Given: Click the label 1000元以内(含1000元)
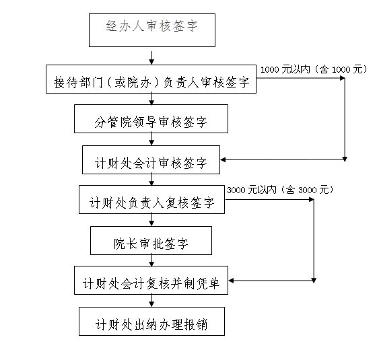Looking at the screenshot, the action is coord(314,69).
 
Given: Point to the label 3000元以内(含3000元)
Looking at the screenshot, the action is coord(280,190).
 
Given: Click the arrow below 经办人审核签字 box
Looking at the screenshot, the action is coord(151,58).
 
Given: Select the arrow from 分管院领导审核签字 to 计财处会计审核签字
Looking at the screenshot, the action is coord(151,139).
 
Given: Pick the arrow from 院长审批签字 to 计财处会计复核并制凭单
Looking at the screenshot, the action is coord(151,260).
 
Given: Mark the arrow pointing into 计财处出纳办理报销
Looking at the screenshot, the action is coord(151,301).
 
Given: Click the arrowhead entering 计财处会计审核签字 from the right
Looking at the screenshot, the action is coord(223,160).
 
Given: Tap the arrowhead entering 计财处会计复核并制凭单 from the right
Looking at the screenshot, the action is coord(231,281).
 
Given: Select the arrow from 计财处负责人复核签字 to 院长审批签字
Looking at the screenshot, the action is coord(151,220).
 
